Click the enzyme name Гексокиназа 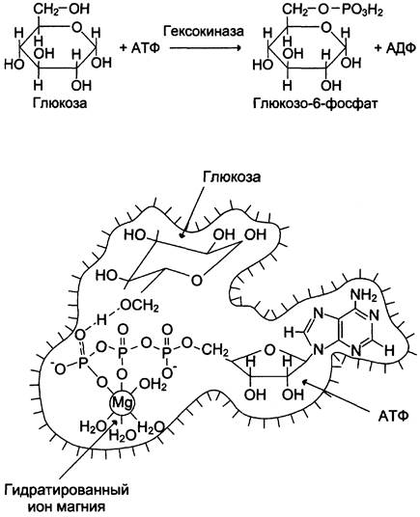[203, 31]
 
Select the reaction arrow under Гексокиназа [206, 48]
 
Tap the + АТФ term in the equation [140, 48]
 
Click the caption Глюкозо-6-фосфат [316, 103]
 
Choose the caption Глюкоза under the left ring [60, 103]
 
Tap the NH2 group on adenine [364, 295]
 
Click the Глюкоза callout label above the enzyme [232, 177]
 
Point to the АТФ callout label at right [393, 416]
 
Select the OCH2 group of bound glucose [139, 307]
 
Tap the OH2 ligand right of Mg [153, 385]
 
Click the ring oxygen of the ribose [269, 350]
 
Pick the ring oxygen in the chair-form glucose [196, 281]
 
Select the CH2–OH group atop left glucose [62, 9]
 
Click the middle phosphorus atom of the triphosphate [123, 353]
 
